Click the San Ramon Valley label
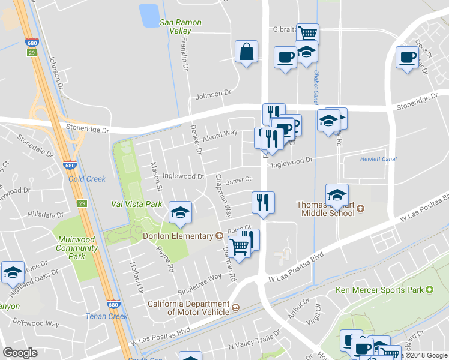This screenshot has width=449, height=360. [x=180, y=26]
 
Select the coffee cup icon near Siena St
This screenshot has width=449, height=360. [x=408, y=57]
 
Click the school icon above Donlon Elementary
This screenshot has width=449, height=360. [x=180, y=212]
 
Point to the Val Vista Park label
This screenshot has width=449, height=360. [x=137, y=204]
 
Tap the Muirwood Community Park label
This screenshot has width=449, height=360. [x=76, y=248]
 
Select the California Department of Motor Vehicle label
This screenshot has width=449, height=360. [x=189, y=308]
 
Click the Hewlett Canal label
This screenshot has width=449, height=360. [x=378, y=159]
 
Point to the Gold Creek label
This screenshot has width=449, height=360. [x=87, y=179]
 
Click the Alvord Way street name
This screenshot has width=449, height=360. [x=220, y=135]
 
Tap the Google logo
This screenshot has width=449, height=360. [x=20, y=353]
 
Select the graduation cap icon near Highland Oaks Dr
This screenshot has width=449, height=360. [x=13, y=272]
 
